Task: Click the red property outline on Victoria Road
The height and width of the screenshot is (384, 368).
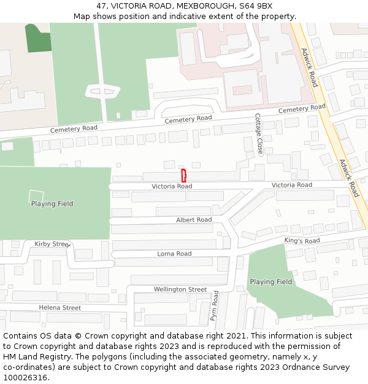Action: (183, 175)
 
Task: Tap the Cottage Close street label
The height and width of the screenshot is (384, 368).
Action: (259, 133)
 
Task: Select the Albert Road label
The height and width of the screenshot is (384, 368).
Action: (194, 220)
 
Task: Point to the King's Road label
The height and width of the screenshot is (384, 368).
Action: (302, 241)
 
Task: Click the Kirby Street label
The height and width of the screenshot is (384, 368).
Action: (52, 244)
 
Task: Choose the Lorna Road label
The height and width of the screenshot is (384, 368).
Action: (174, 254)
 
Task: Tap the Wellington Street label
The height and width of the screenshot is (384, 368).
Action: (180, 289)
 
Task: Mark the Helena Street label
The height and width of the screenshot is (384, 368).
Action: (59, 308)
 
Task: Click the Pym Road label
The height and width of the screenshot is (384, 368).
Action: (214, 305)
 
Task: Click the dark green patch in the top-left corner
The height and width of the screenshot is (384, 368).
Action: (38, 38)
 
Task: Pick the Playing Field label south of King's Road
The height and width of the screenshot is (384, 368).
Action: (271, 282)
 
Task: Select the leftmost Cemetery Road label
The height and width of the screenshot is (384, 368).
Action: (74, 129)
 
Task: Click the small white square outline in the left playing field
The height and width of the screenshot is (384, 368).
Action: (37, 197)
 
